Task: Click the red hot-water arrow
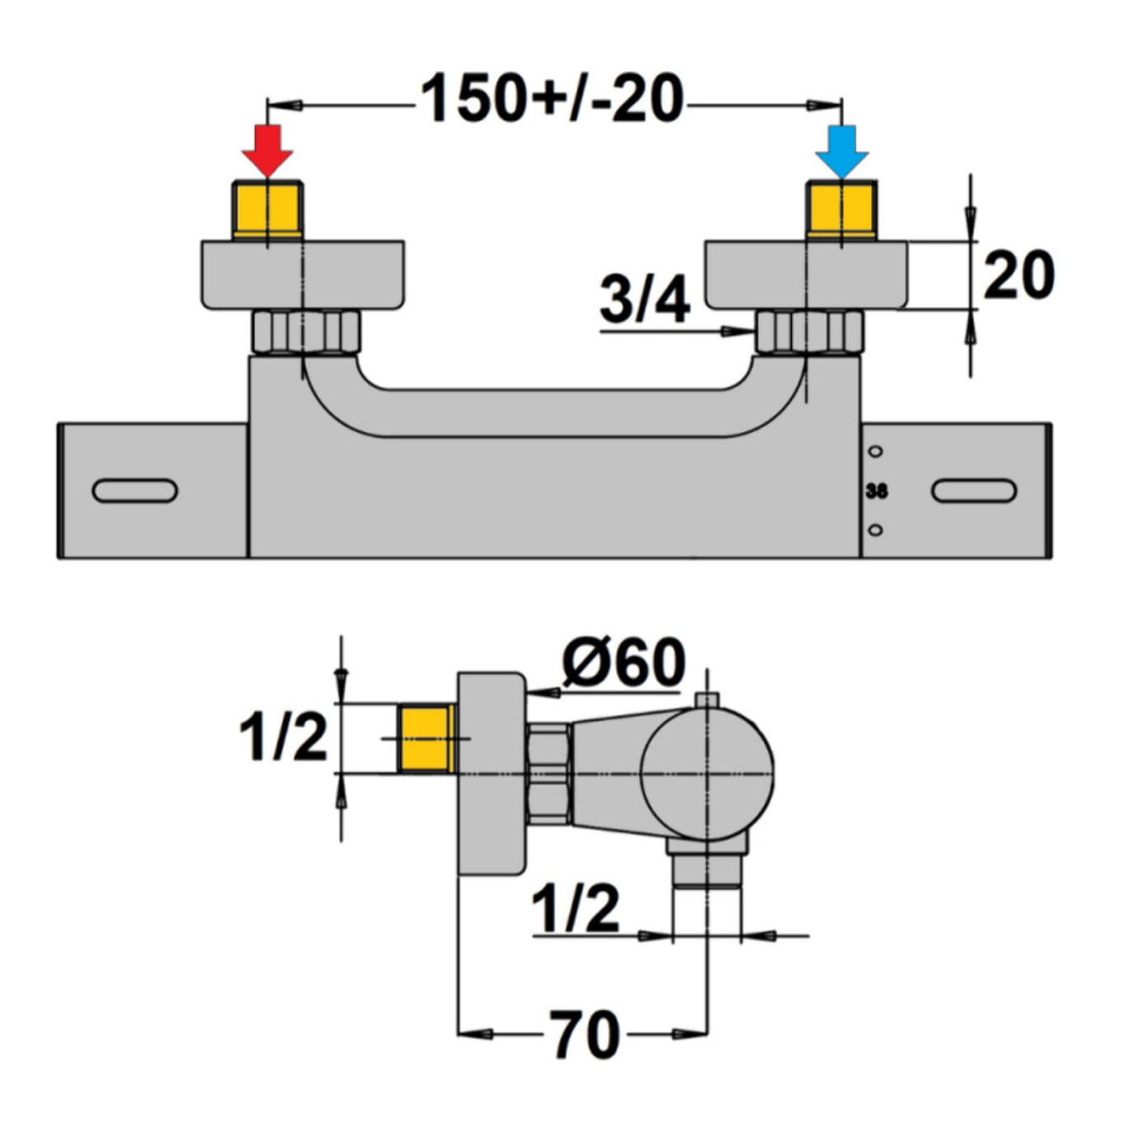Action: click(267, 149)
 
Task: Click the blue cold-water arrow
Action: click(842, 149)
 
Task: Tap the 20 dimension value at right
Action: click(1019, 276)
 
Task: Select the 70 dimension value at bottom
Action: click(585, 1035)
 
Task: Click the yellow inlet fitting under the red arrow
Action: click(268, 210)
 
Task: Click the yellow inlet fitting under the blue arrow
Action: click(841, 210)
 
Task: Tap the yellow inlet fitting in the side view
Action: click(426, 738)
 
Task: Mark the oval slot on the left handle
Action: click(134, 491)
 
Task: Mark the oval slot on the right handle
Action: click(974, 491)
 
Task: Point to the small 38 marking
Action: click(876, 491)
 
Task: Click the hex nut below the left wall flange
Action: click(306, 332)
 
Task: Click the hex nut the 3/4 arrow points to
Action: click(809, 332)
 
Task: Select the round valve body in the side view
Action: click(707, 773)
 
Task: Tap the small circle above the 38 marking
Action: click(876, 451)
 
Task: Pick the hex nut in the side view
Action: click(549, 774)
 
